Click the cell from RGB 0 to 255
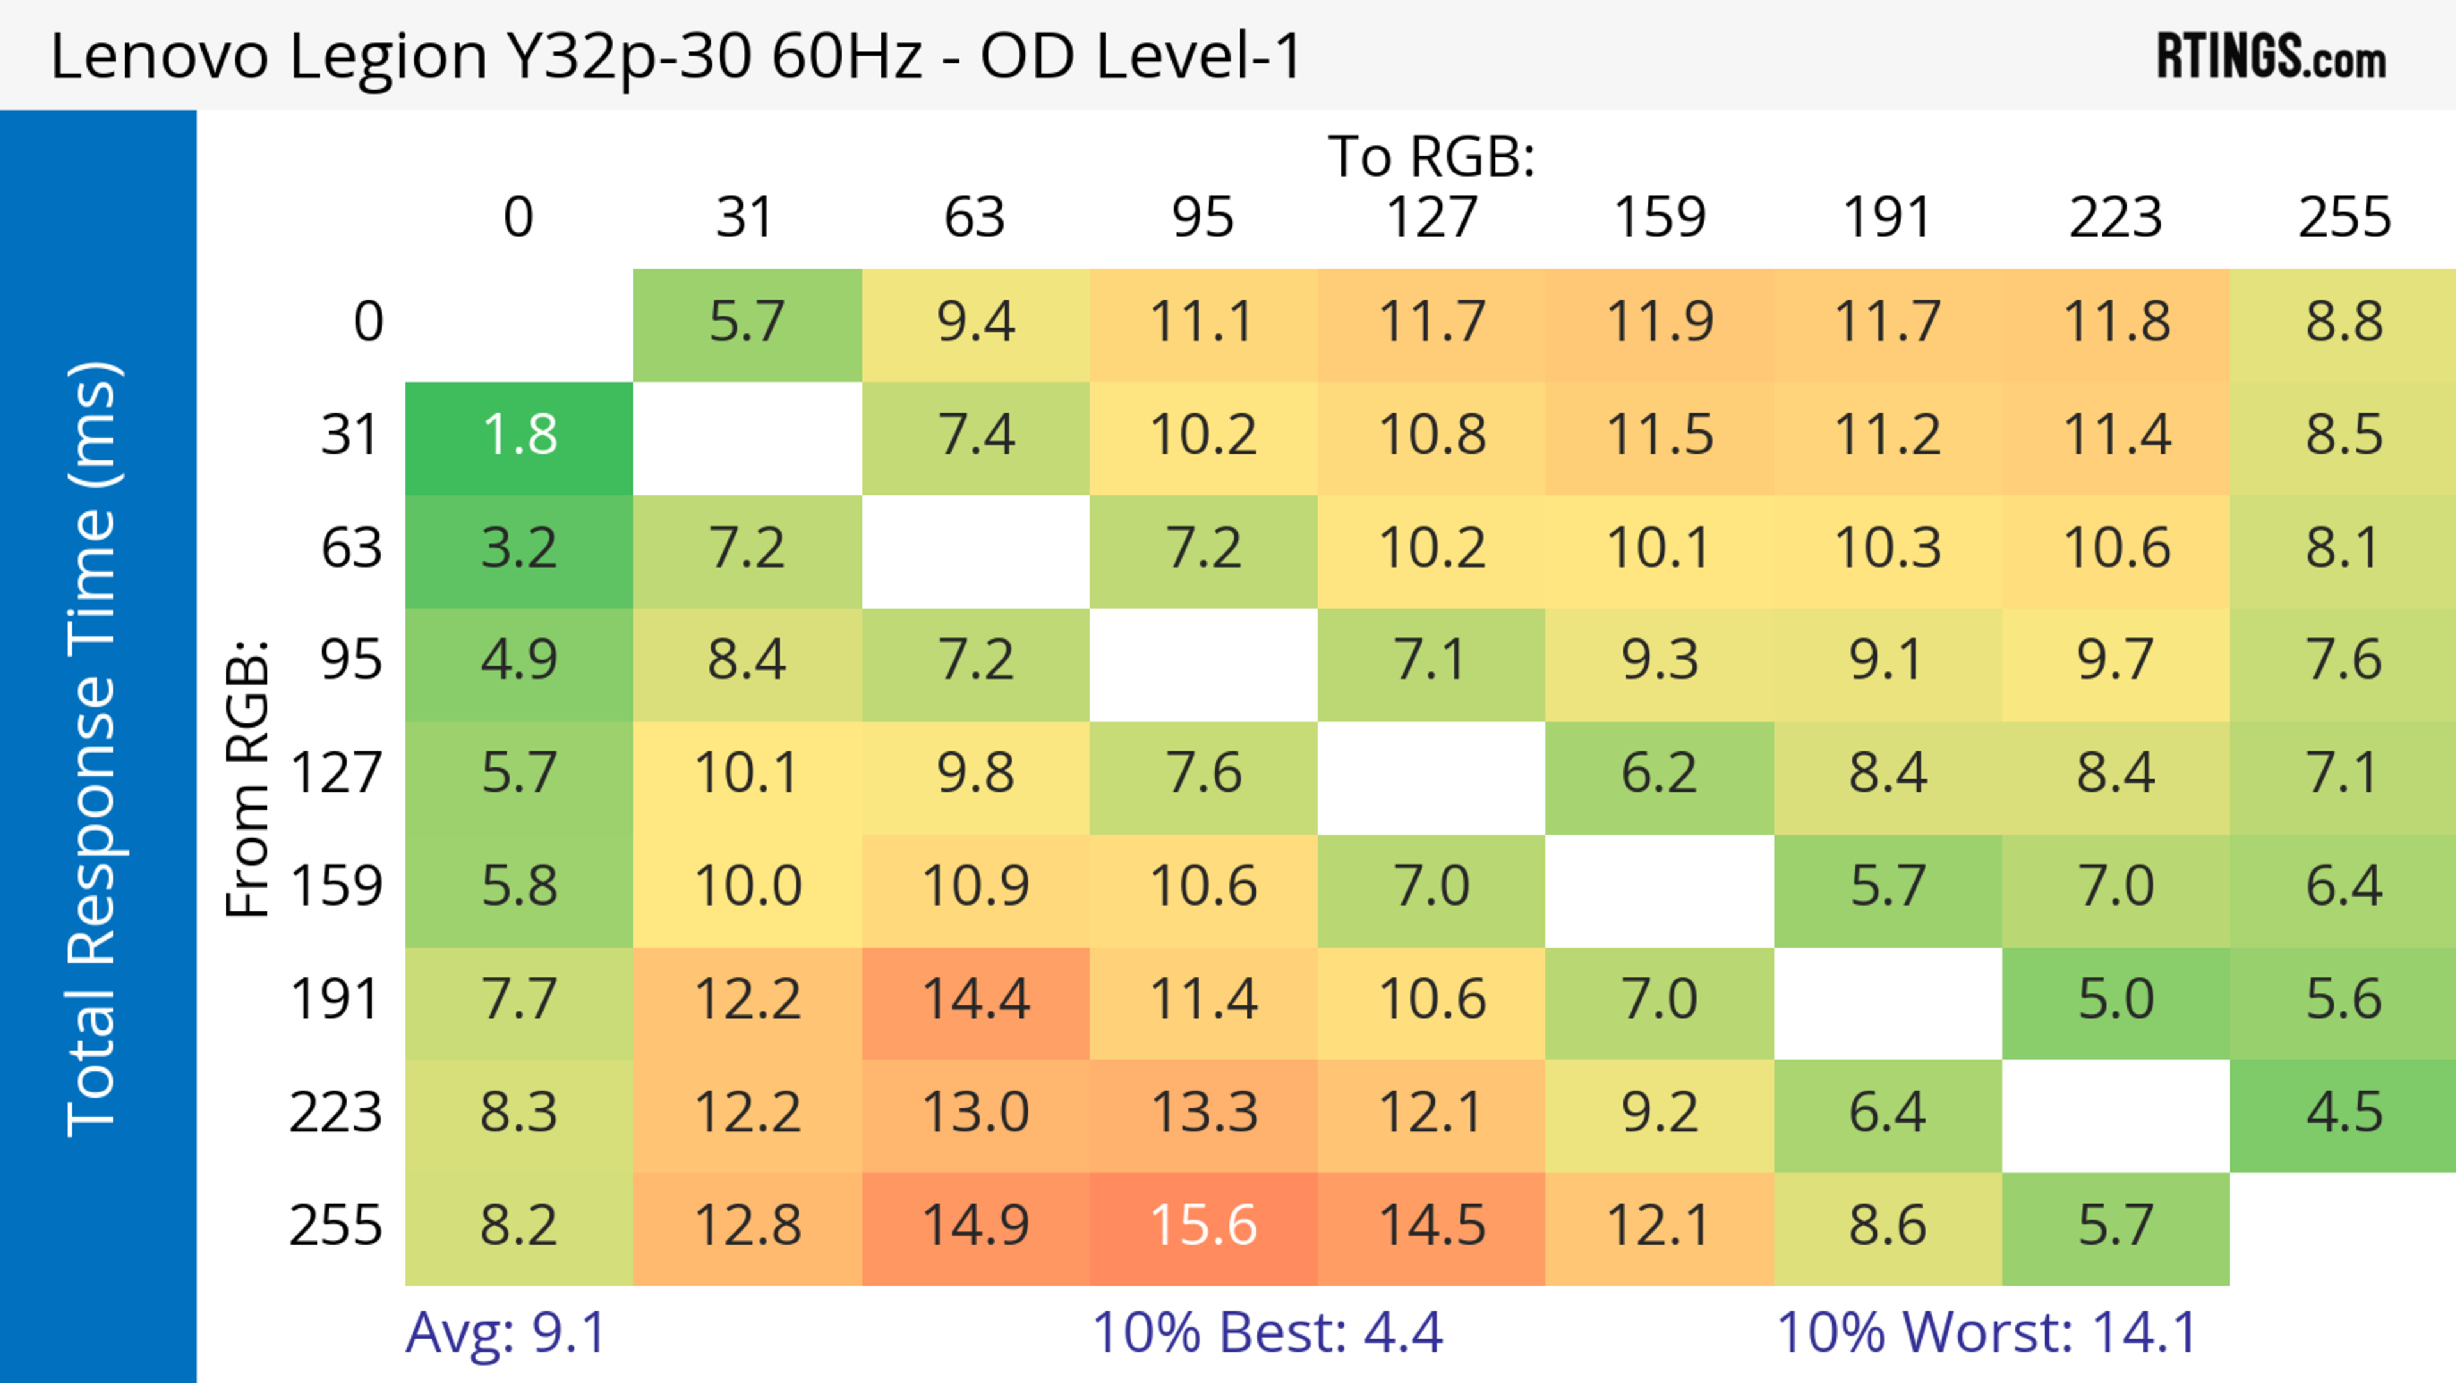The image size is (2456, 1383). (2343, 323)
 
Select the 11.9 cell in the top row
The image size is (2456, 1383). (1659, 323)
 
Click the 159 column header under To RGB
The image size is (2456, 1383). (1659, 218)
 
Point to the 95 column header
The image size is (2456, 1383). (1203, 218)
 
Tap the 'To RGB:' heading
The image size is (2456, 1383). (1431, 156)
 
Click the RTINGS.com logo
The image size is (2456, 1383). (2271, 57)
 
